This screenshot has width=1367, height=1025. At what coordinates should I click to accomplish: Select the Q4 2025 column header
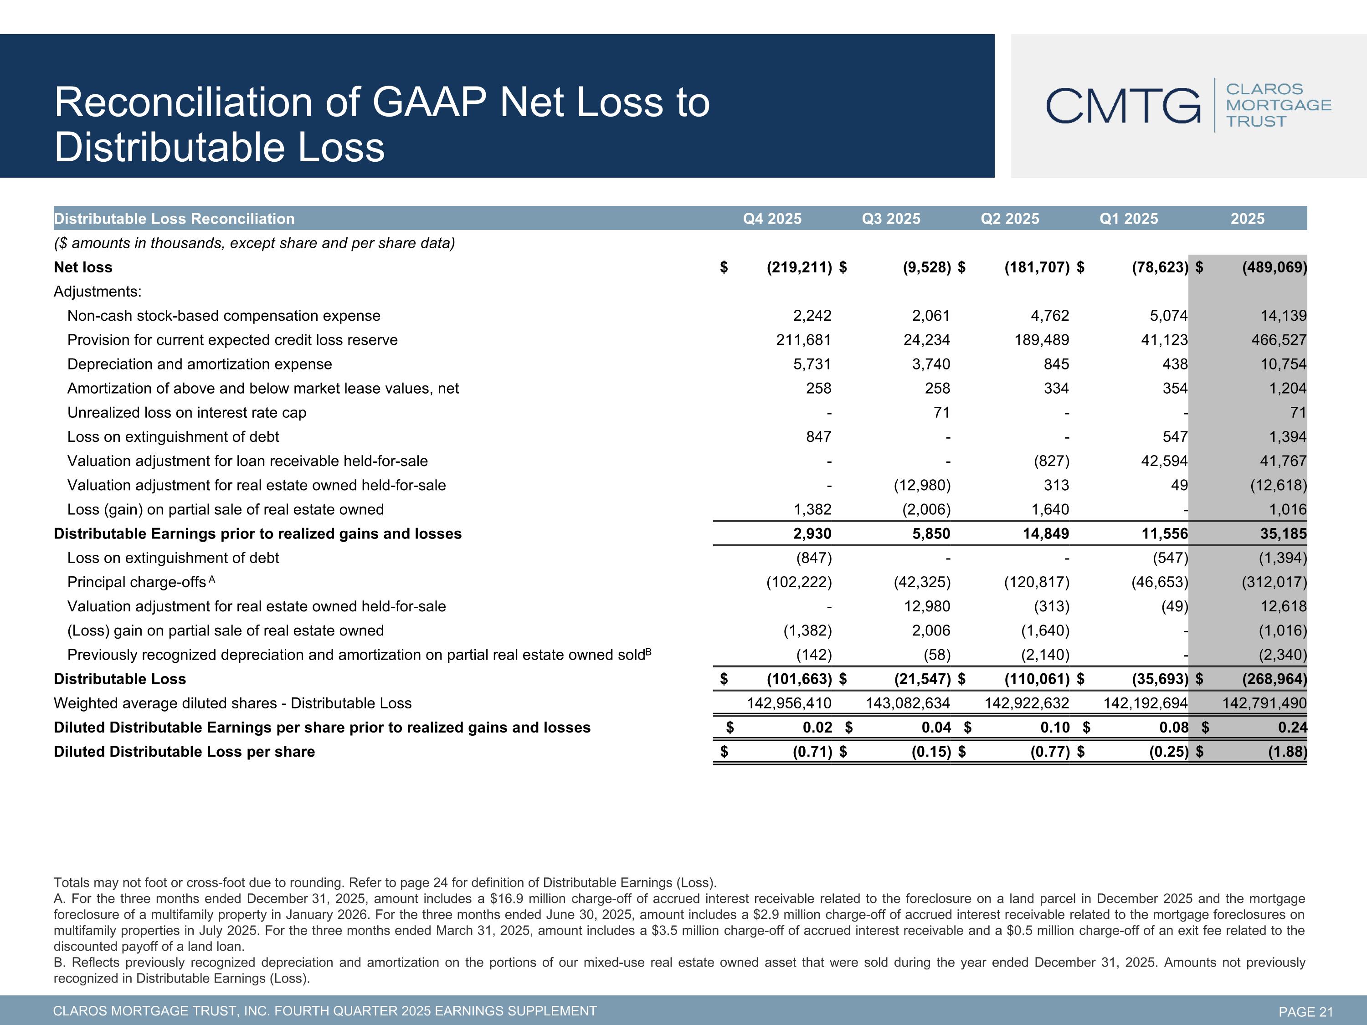pyautogui.click(x=772, y=219)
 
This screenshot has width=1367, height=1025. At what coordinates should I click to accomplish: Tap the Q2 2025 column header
pyautogui.click(x=1010, y=219)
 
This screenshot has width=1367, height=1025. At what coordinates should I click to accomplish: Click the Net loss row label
pyautogui.click(x=83, y=267)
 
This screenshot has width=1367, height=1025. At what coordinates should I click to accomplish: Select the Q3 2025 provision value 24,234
pyautogui.click(x=926, y=340)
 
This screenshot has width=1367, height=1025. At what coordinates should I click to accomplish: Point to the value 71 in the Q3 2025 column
pyautogui.click(x=941, y=412)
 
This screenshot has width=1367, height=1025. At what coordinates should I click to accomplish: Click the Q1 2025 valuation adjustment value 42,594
pyautogui.click(x=1164, y=461)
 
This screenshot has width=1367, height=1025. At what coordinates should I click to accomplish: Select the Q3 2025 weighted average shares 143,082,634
pyautogui.click(x=908, y=703)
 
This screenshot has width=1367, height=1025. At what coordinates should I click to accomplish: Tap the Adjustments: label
pyautogui.click(x=98, y=291)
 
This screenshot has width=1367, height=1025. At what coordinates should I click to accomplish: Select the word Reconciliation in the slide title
pyautogui.click(x=184, y=102)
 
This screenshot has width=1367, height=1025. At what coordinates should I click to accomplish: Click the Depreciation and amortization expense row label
pyautogui.click(x=200, y=364)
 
